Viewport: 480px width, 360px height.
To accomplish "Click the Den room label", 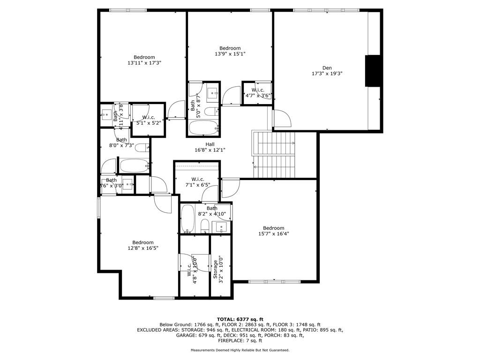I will tap(327, 68).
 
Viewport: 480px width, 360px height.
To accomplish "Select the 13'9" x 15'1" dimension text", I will tap(230, 54).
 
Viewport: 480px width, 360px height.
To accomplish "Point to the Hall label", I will tap(210, 144).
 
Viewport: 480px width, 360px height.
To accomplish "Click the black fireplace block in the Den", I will tap(374, 71).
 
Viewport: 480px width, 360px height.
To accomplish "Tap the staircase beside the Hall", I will tap(275, 155).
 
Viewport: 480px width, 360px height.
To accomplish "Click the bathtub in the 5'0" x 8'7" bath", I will tap(203, 127).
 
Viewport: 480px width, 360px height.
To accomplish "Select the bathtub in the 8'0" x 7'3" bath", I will tap(134, 165).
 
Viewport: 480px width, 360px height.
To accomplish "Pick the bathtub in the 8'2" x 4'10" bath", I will tap(187, 219).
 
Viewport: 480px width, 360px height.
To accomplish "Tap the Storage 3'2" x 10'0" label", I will tap(218, 270).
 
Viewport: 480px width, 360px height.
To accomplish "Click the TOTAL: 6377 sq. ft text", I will tap(240, 319).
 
